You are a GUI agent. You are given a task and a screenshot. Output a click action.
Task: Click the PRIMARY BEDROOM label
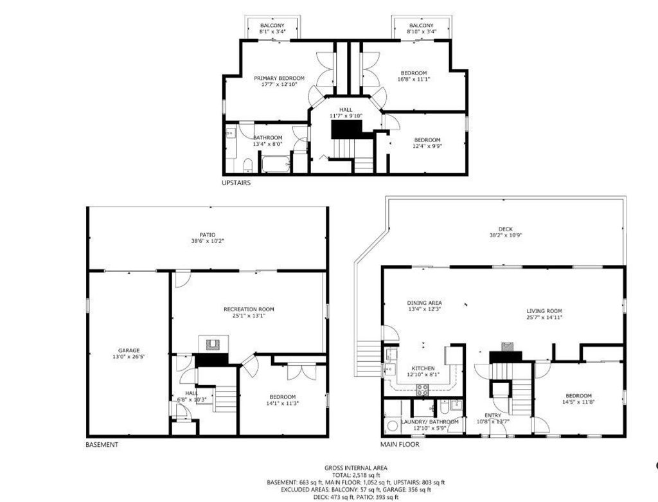[x=279, y=78]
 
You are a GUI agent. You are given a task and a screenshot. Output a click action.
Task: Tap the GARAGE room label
[x=129, y=350]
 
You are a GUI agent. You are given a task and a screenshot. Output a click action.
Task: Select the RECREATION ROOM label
[x=249, y=309]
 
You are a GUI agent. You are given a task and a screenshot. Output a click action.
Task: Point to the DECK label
[x=505, y=229]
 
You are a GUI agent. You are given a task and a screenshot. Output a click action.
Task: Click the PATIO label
[x=208, y=235]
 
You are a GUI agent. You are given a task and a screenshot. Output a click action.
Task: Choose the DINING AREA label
[x=424, y=303]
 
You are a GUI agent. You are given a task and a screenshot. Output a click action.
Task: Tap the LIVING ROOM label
[x=544, y=311]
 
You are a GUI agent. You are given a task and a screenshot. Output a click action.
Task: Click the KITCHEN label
[x=423, y=368]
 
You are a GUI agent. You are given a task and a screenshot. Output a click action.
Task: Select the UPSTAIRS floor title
[x=236, y=183]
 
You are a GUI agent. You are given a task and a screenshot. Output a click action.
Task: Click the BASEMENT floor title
[x=102, y=445]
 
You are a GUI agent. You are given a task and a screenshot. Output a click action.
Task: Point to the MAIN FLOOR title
[x=400, y=445]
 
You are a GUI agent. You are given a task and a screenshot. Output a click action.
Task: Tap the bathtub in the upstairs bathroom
[x=276, y=164]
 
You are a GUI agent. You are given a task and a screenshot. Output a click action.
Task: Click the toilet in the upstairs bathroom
[x=247, y=165]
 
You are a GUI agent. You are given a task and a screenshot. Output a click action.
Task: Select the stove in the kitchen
[x=423, y=390]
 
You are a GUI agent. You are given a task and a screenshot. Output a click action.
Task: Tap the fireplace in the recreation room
[x=213, y=344]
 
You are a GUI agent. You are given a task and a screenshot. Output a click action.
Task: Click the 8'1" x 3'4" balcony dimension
[x=272, y=31]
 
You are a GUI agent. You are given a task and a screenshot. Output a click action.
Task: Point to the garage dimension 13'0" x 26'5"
[x=129, y=357]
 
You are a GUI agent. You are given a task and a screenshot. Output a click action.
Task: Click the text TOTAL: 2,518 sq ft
[x=356, y=475]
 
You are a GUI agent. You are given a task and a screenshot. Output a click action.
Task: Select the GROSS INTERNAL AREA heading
[x=356, y=468]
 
